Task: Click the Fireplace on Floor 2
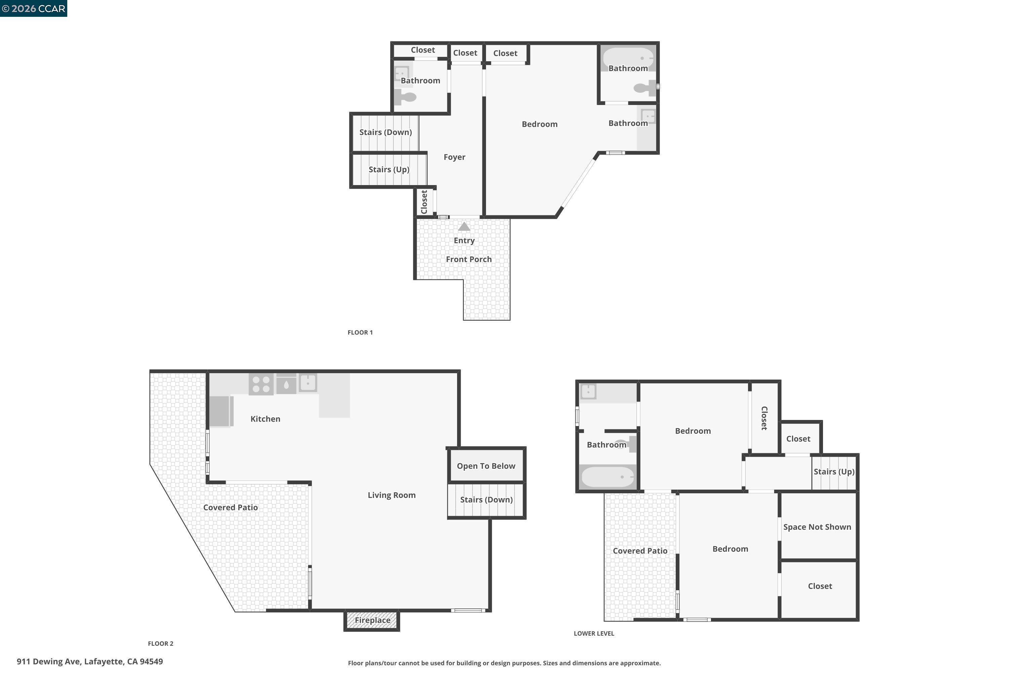[372, 620]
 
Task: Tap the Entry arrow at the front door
[464, 226]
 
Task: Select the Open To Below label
[486, 466]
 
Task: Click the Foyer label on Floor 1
[454, 157]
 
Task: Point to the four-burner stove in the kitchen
[261, 384]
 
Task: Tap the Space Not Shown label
[817, 527]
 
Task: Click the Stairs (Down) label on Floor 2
[486, 500]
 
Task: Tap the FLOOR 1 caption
[360, 333]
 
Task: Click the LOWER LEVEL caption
[594, 634]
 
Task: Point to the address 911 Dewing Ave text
[90, 662]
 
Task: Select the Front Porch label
[469, 259]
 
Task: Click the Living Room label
[391, 495]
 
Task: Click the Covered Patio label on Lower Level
[640, 551]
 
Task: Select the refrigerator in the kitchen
[220, 412]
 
